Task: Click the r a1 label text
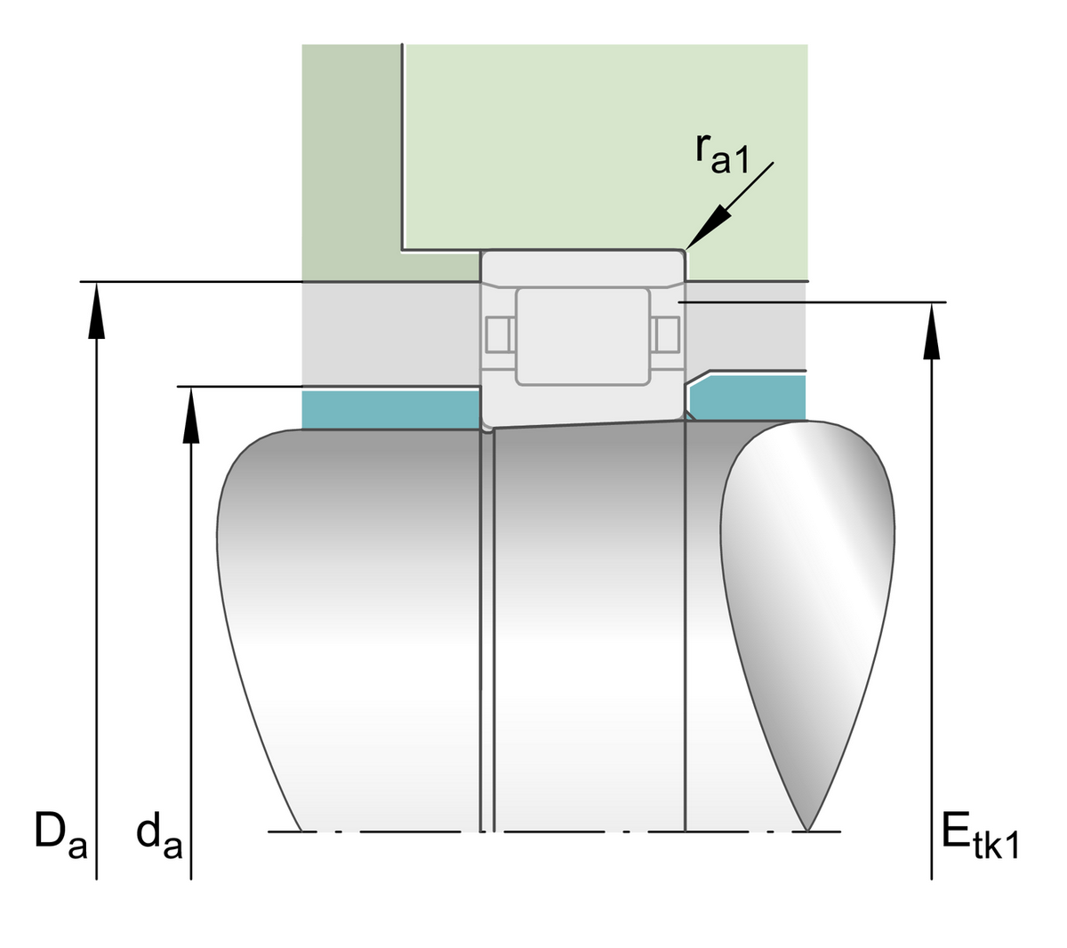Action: click(x=723, y=153)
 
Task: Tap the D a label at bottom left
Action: click(x=60, y=835)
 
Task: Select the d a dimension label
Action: click(x=159, y=837)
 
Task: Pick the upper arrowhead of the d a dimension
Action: click(x=190, y=414)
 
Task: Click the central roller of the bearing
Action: click(x=582, y=336)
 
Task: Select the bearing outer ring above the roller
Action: click(x=582, y=267)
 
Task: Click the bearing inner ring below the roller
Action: click(x=582, y=405)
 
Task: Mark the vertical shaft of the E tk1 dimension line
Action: click(x=931, y=623)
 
